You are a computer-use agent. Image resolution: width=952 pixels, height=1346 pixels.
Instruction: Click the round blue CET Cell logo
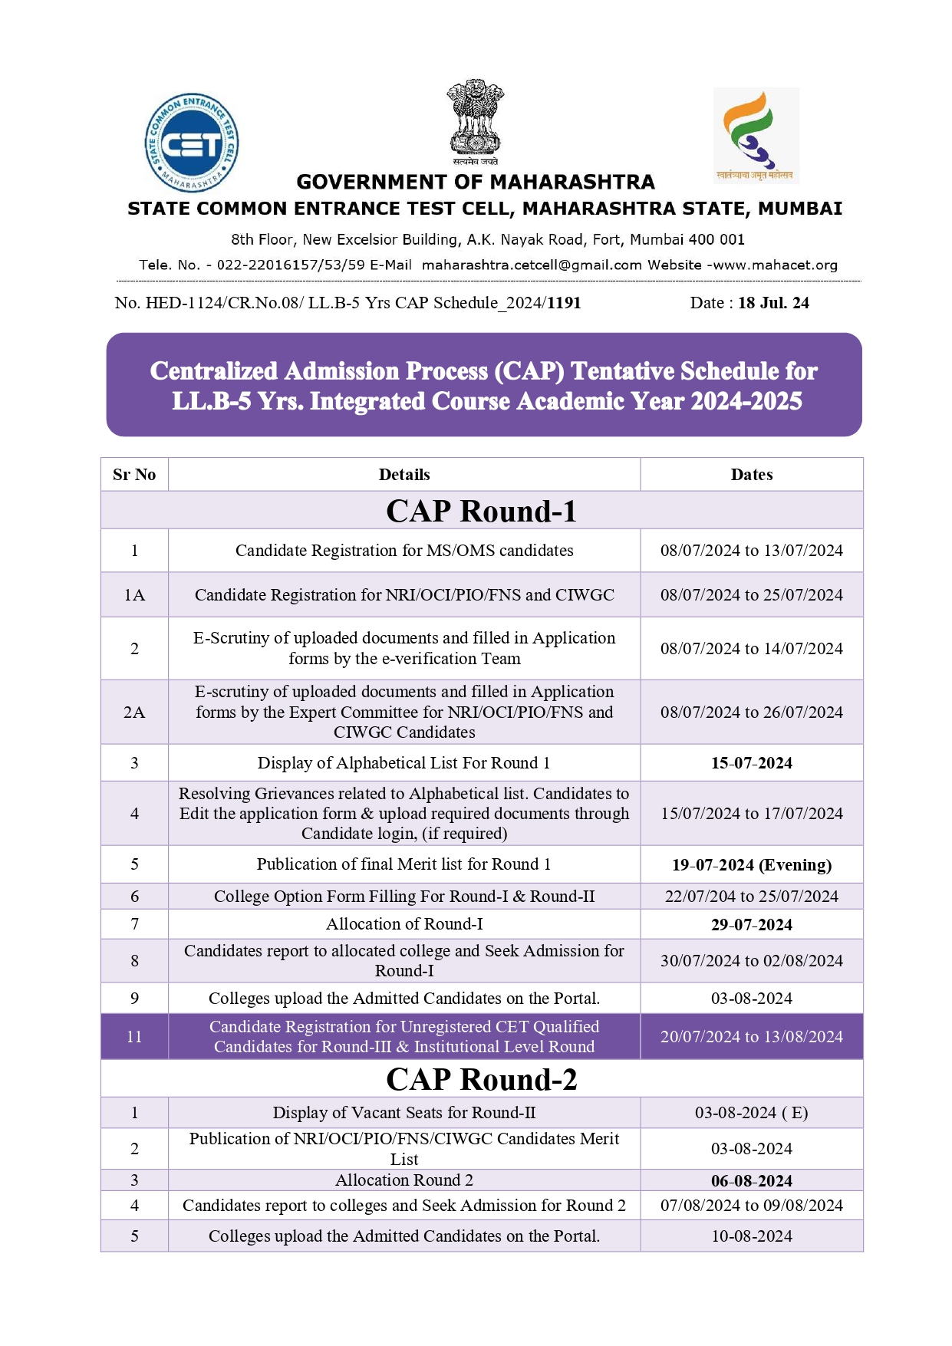(x=192, y=143)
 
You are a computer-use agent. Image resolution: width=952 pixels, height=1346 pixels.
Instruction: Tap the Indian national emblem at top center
(x=475, y=121)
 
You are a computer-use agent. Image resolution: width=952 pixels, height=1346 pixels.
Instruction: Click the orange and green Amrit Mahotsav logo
(x=756, y=135)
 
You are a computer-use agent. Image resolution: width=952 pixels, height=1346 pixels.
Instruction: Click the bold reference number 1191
(x=564, y=303)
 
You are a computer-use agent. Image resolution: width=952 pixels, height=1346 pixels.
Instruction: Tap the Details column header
(x=404, y=475)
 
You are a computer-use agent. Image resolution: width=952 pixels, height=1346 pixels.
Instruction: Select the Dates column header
(x=751, y=475)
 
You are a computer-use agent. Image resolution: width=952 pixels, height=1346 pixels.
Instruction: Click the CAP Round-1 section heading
(x=481, y=511)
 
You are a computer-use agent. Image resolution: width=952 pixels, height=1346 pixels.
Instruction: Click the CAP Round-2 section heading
(x=481, y=1079)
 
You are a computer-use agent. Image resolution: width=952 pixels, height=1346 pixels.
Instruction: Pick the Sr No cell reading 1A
(x=134, y=595)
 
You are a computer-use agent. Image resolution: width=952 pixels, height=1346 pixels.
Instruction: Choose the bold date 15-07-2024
(x=751, y=763)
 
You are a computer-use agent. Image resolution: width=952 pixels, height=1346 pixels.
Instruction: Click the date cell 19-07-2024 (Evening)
(x=751, y=865)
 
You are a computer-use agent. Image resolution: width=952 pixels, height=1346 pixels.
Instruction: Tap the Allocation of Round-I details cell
(x=404, y=924)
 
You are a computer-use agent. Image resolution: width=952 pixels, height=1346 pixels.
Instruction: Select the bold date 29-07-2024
(x=751, y=925)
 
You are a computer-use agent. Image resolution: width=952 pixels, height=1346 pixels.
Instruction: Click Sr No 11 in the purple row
(x=134, y=1037)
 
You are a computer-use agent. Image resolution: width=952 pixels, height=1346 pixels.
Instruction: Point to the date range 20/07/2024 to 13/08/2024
(x=751, y=1037)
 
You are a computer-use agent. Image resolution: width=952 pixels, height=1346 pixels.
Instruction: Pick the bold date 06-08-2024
(x=751, y=1181)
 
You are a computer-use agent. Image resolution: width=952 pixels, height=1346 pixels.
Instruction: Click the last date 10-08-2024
(x=751, y=1236)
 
